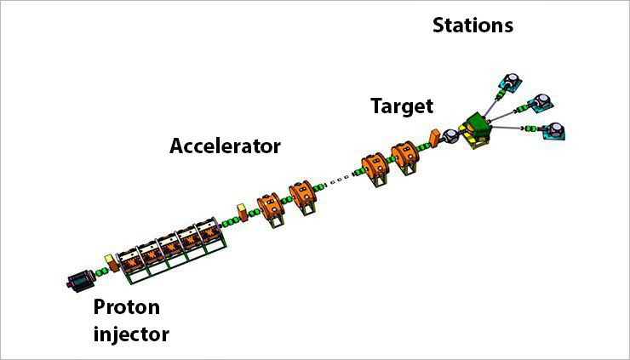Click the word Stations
pos(473,26)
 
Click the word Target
pos(402,106)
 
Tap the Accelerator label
pos(225,146)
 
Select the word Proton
pos(126,306)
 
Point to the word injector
pos(130,333)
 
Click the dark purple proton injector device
pos(82,279)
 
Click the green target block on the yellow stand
pos(478,129)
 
